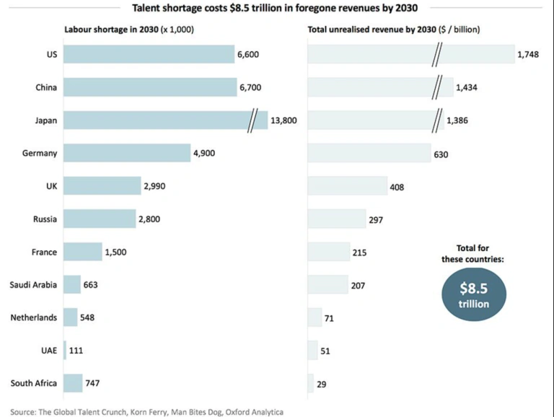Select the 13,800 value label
[x=283, y=120]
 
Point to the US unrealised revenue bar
[x=410, y=54]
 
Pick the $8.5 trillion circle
[x=474, y=295]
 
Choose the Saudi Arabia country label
[x=34, y=284]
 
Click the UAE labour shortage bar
[x=65, y=350]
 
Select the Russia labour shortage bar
[x=100, y=219]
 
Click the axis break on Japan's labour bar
[x=252, y=120]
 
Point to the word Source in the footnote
[x=24, y=412]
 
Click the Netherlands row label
[x=34, y=317]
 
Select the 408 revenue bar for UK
[x=347, y=186]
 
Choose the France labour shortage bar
[x=83, y=252]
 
